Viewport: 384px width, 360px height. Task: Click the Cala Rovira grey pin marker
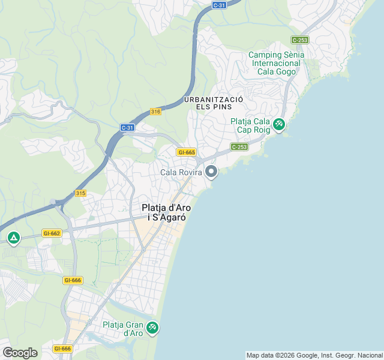[x=211, y=172]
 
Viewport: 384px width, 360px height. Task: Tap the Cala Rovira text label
[x=182, y=173]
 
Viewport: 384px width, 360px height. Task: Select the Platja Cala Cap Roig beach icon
[x=278, y=124]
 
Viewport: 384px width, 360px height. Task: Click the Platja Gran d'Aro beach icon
[x=152, y=327]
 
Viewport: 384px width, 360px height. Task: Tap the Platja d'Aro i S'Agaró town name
[x=166, y=213]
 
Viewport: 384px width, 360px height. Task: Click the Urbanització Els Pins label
[x=213, y=103]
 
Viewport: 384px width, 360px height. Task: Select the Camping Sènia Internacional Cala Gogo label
[x=276, y=63]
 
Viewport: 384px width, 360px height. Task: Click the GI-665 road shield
[x=186, y=152]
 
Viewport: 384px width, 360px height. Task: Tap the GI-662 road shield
[x=52, y=233]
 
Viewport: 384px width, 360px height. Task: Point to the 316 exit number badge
[x=155, y=112]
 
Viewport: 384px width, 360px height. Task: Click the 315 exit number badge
[x=81, y=193]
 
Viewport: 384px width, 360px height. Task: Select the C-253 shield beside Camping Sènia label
[x=299, y=40]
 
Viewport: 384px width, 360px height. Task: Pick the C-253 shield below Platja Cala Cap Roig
[x=239, y=146]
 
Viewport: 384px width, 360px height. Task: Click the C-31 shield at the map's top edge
[x=219, y=5]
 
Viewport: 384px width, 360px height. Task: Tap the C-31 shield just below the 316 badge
[x=127, y=127]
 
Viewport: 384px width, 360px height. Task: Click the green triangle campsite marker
[x=13, y=238]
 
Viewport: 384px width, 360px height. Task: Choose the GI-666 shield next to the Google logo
[x=62, y=349]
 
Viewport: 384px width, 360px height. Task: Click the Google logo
[x=20, y=352]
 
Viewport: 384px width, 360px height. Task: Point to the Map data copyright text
[x=314, y=355]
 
